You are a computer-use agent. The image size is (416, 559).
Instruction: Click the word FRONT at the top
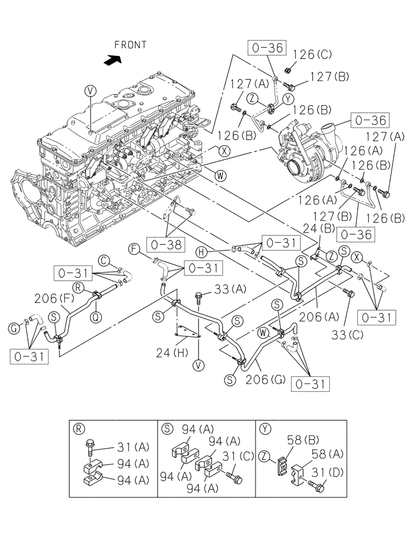pos(130,45)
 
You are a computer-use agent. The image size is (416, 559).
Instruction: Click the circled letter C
pos(104,259)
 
